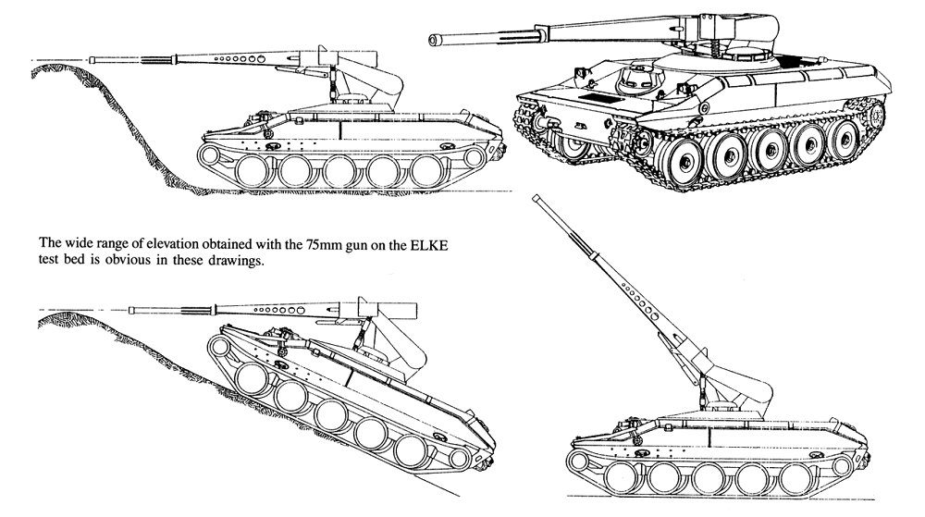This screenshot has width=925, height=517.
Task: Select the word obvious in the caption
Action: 126,261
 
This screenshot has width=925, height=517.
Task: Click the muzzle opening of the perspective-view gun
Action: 435,40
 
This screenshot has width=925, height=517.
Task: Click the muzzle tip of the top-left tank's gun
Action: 92,59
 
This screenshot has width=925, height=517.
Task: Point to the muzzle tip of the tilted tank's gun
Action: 131,310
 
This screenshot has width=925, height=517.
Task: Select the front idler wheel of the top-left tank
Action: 209,155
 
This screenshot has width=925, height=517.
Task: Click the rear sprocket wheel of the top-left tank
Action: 474,157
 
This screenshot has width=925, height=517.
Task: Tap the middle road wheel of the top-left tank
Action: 339,171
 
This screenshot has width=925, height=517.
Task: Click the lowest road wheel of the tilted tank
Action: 412,451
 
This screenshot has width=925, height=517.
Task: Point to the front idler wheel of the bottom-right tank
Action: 579,462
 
